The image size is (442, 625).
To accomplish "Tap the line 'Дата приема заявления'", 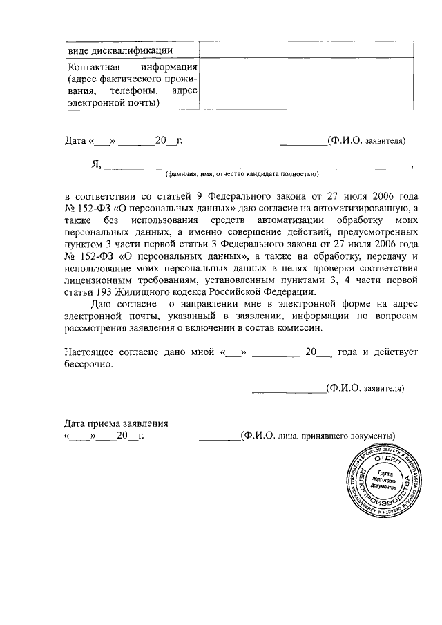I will tap(116, 424).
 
